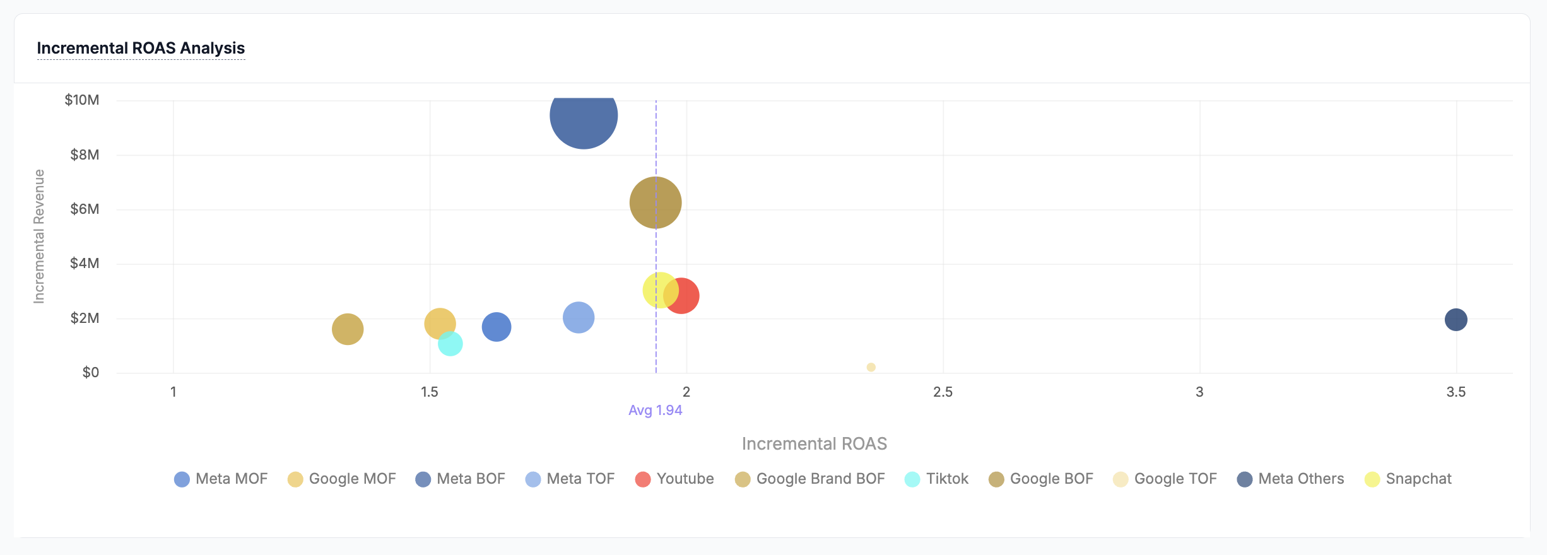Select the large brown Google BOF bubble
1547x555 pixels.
pyautogui.click(x=655, y=202)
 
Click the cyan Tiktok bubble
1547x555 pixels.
pyautogui.click(x=450, y=344)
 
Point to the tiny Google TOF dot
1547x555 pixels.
pyautogui.click(x=871, y=367)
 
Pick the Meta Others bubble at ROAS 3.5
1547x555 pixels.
pyautogui.click(x=1456, y=320)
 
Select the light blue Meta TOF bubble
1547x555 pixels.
pyautogui.click(x=578, y=317)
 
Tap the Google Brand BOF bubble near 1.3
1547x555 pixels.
pyautogui.click(x=348, y=329)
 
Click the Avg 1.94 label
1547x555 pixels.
pyautogui.click(x=655, y=411)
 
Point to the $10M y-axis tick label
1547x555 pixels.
pyautogui.click(x=82, y=100)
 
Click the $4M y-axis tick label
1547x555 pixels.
pyautogui.click(x=85, y=264)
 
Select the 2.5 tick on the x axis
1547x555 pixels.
pyautogui.click(x=943, y=392)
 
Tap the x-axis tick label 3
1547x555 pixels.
pyautogui.click(x=1199, y=392)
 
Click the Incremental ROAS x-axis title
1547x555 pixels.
pyautogui.click(x=814, y=444)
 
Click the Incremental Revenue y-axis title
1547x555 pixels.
pyautogui.click(x=39, y=237)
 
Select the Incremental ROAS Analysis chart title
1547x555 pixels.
pyautogui.click(x=141, y=48)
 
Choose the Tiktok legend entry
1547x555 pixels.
pyautogui.click(x=937, y=479)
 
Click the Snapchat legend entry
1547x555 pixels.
pyautogui.click(x=1408, y=479)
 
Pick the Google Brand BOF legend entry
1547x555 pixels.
pyautogui.click(x=810, y=479)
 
